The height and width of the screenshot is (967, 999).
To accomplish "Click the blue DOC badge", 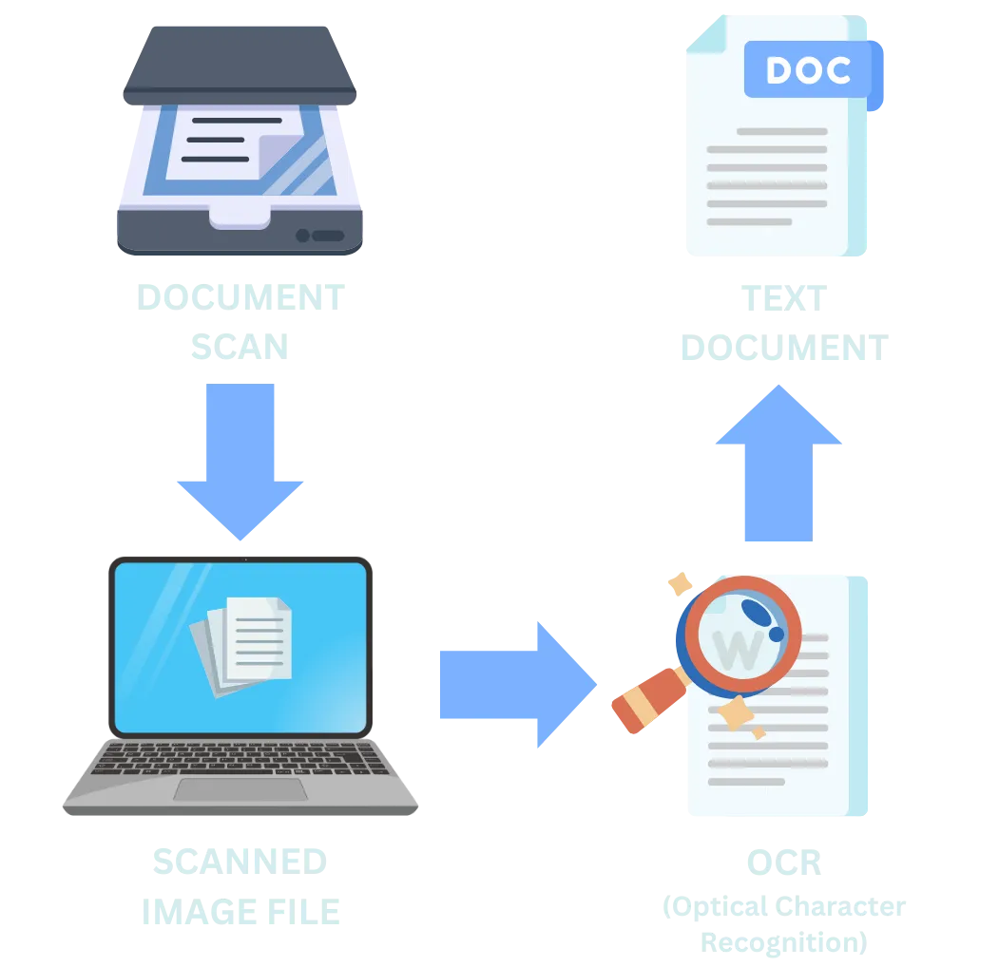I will [x=810, y=70].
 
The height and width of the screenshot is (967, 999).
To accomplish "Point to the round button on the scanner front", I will [x=303, y=235].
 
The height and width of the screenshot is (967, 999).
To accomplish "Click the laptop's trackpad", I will [x=240, y=789].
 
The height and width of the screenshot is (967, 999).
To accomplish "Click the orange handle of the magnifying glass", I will [x=646, y=698].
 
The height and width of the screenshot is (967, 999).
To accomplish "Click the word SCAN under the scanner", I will [x=239, y=349].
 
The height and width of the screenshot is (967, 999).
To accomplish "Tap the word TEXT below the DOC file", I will [x=781, y=299].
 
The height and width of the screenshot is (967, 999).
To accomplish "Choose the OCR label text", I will [x=782, y=863].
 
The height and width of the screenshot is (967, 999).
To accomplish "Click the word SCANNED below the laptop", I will [x=240, y=861].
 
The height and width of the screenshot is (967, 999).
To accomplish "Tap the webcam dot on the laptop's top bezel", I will [x=241, y=559].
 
